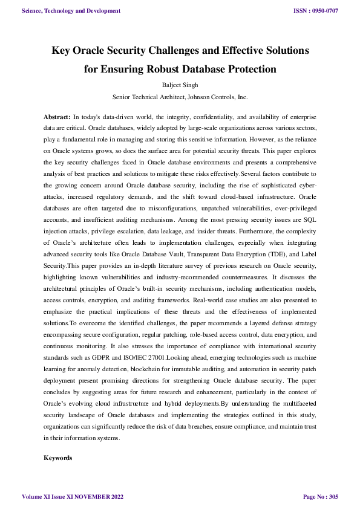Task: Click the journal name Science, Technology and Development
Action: (70, 11)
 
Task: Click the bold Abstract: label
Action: (57, 115)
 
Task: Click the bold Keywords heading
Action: (58, 459)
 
